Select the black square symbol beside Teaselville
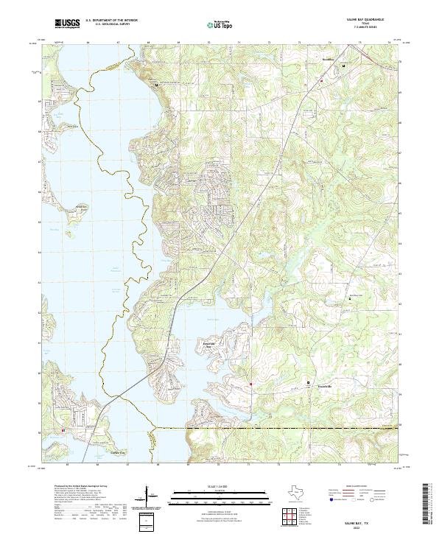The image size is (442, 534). [x=309, y=383]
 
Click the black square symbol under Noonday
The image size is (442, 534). [x=343, y=66]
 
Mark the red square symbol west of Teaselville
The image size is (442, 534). [x=250, y=383]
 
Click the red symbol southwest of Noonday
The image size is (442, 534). [x=321, y=81]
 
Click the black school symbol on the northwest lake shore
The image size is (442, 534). [x=156, y=85]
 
